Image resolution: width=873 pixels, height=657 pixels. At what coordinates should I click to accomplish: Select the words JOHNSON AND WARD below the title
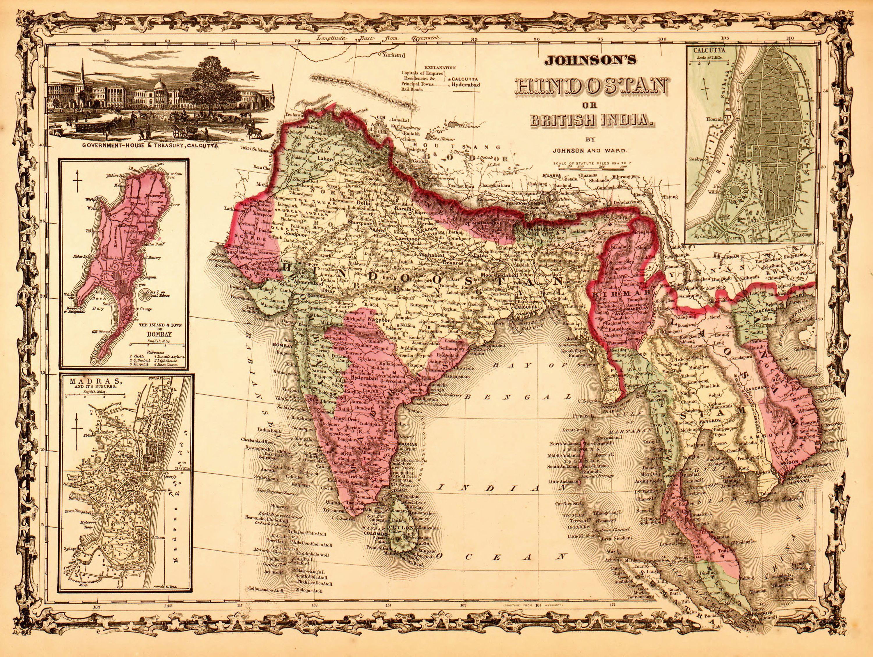(589, 150)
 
